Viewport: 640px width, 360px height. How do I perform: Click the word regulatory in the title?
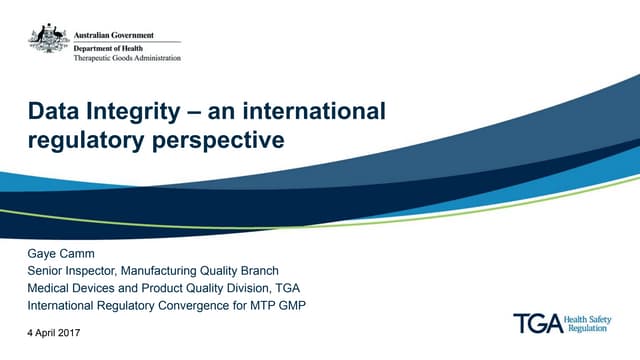(x=82, y=141)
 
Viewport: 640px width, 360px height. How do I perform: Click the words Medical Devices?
(x=72, y=288)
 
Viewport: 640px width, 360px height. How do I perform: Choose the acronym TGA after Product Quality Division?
(x=285, y=288)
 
